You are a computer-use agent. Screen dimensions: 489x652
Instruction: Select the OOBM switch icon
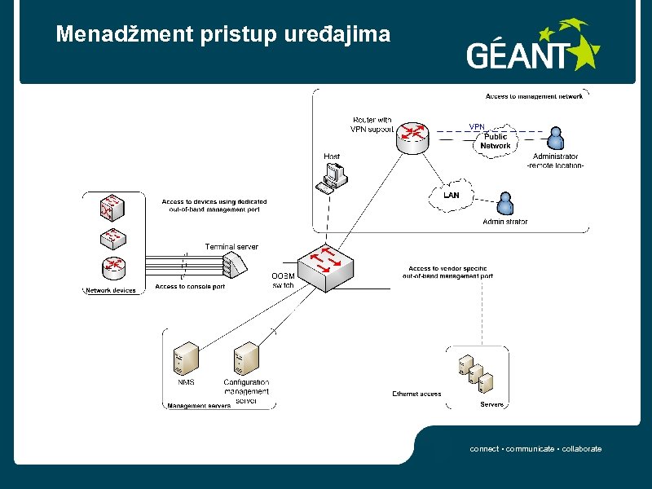pos(325,267)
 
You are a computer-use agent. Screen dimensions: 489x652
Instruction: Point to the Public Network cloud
pos(495,142)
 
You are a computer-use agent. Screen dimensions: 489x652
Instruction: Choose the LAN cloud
pos(451,196)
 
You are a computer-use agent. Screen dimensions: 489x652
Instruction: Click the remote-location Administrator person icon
pos(556,139)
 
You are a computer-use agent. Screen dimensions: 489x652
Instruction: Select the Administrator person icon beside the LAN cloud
pos(505,204)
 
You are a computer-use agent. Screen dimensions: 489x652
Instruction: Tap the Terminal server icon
pos(232,263)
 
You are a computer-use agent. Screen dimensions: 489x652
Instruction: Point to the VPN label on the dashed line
pos(477,126)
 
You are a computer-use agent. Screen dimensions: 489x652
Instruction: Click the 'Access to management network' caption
pos(534,96)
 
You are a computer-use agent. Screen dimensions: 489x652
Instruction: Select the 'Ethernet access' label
pos(416,394)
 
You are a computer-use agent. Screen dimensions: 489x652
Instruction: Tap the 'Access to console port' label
pos(190,287)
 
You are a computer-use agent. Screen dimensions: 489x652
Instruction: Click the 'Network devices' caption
pos(112,290)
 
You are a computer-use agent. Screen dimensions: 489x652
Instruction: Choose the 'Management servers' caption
pos(199,405)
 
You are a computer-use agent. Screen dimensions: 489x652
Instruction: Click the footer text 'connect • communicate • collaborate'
pos(535,449)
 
